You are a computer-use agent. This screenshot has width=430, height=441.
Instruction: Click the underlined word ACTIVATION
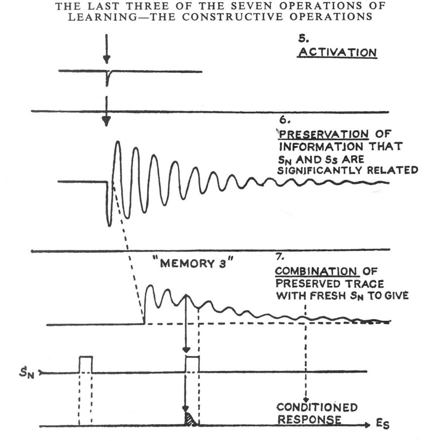338,53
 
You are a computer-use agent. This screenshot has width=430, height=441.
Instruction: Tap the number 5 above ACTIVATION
304,38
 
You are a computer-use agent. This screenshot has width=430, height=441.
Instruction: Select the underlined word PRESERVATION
323,134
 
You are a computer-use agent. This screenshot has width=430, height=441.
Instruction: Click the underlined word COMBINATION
317,271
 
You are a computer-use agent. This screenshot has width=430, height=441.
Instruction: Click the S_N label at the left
26,373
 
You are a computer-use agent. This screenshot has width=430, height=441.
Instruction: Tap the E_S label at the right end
383,424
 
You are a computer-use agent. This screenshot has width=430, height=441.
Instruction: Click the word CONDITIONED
317,407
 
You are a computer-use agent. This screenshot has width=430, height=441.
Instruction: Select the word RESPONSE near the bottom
310,419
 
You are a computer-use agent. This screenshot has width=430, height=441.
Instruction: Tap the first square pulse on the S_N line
85,364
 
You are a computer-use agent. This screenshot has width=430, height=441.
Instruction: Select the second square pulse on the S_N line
192,364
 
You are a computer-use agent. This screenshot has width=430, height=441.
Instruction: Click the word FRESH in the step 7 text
324,296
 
